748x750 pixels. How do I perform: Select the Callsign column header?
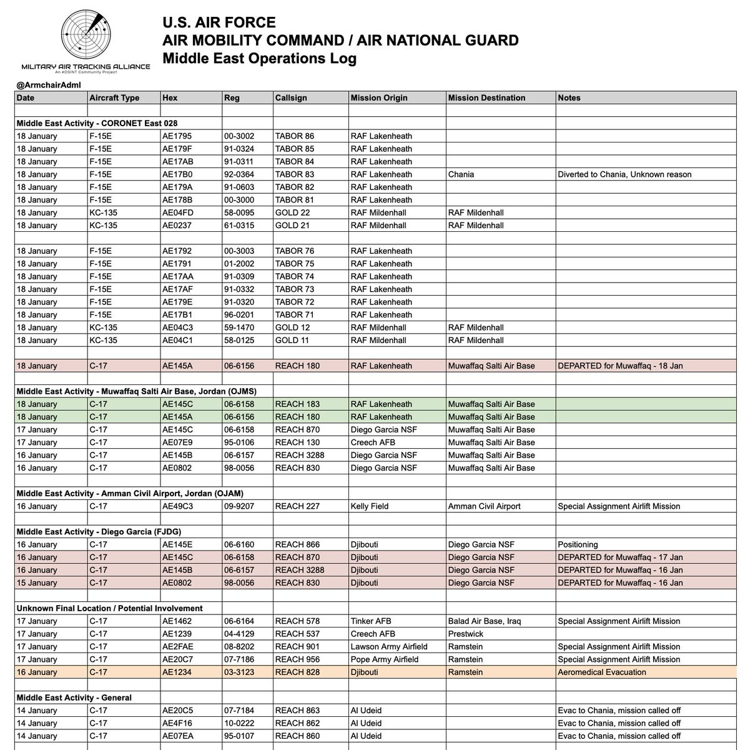click(x=291, y=97)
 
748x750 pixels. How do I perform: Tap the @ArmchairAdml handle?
click(x=49, y=85)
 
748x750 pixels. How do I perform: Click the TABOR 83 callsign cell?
click(x=295, y=174)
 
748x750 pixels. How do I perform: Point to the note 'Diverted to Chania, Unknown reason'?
click(x=624, y=174)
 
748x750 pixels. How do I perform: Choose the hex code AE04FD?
click(x=178, y=212)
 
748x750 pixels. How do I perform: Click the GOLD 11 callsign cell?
click(x=292, y=340)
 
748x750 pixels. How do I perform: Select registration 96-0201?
click(x=239, y=314)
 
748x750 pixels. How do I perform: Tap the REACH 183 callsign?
click(x=297, y=404)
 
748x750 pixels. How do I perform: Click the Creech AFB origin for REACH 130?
click(x=373, y=442)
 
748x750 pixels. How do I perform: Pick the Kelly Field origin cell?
click(x=370, y=506)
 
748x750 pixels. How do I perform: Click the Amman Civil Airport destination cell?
click(x=484, y=506)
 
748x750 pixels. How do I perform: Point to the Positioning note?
click(x=578, y=544)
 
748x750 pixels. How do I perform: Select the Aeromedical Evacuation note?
click(x=602, y=672)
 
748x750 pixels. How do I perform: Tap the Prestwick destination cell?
click(x=466, y=634)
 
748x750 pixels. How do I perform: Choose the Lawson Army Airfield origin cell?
click(x=389, y=646)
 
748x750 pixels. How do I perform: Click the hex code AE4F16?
click(x=177, y=723)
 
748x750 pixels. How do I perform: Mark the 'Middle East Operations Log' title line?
click(x=259, y=59)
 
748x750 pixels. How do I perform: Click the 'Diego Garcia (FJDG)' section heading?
click(x=99, y=532)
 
